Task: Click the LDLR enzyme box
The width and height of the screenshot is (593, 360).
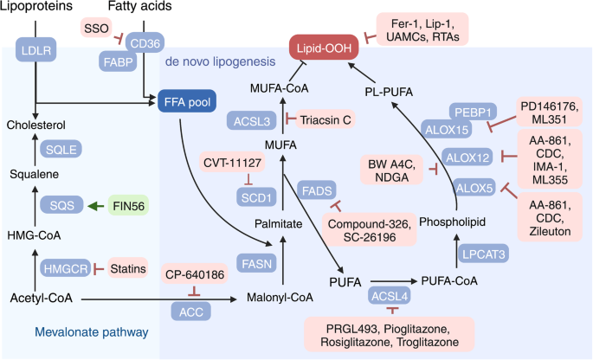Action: coord(35,52)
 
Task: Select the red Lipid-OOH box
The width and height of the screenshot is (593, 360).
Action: coord(324,50)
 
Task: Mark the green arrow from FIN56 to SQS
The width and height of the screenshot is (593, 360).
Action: coord(97,207)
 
